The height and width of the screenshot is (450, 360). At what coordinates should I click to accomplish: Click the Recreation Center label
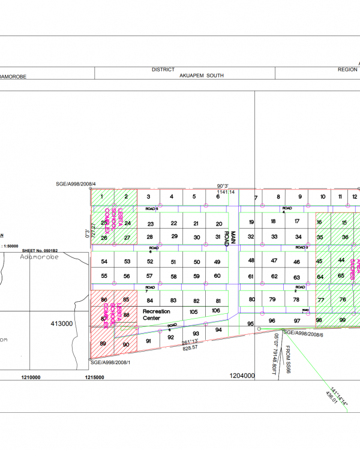coord(157,314)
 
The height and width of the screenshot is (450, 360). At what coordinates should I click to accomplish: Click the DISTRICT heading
coord(163,70)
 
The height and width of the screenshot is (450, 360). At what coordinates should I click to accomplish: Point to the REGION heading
coord(347,70)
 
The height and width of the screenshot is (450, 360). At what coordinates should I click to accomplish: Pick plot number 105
coord(193,312)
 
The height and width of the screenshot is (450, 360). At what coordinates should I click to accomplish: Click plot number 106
coord(215,310)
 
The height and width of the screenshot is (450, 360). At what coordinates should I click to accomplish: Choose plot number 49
coord(217,262)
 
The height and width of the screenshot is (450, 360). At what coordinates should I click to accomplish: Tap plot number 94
coord(218,330)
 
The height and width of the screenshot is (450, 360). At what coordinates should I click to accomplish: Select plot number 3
coord(148,196)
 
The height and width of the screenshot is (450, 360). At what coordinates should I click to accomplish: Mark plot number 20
coord(218,223)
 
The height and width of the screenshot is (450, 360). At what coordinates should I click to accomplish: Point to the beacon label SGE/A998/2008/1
coord(110,362)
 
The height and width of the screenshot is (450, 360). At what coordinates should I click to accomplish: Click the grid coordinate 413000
coord(61,323)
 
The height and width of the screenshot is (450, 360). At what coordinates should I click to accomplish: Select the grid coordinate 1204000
coord(242,376)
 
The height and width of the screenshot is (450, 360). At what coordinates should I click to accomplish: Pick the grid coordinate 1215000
coord(95,377)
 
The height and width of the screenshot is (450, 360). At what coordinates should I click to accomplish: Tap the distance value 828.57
coord(190,348)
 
